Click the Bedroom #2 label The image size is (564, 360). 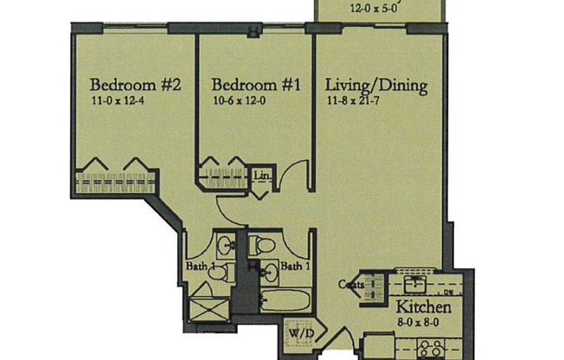[x=136, y=86]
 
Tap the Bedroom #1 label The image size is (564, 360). [x=256, y=86]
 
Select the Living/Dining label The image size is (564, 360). [x=376, y=86]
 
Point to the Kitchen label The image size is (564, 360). [x=423, y=308]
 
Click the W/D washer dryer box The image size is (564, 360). [x=296, y=333]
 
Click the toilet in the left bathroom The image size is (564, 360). [x=219, y=274]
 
